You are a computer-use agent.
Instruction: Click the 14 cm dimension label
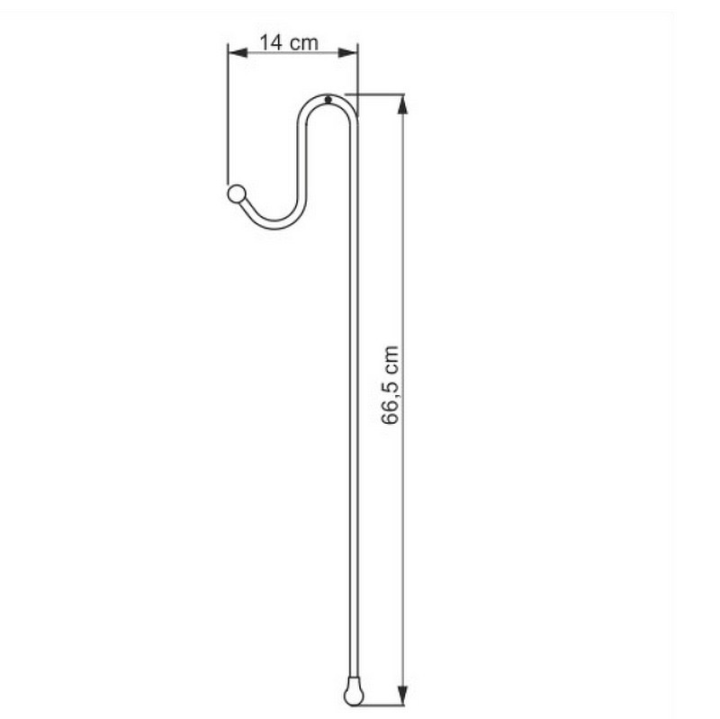[x=289, y=42]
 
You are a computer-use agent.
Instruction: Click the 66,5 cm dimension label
[x=391, y=385]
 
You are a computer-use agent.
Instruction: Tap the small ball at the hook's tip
[x=237, y=193]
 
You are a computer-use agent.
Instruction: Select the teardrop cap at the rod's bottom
[x=354, y=693]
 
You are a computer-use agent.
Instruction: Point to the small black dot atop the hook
[x=328, y=99]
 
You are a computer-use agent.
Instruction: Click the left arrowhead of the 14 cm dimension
[x=238, y=53]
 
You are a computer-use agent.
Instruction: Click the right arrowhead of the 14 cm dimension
[x=347, y=53]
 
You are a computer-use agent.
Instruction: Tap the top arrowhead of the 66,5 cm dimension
[x=402, y=103]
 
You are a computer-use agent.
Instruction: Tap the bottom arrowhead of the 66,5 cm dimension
[x=402, y=695]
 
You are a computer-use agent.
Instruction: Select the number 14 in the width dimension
[x=271, y=42]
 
